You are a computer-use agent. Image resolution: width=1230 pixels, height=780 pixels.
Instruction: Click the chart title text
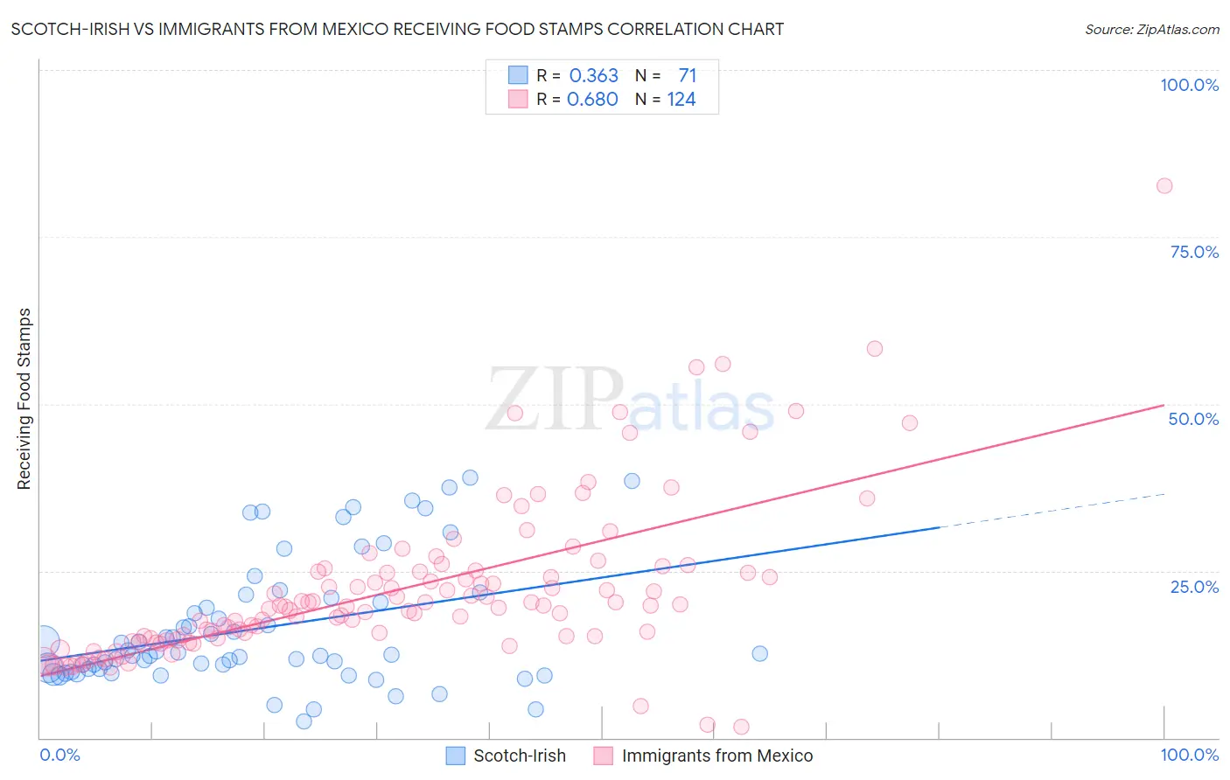[x=397, y=29]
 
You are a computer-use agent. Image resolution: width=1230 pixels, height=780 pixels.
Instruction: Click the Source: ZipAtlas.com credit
[x=1151, y=29]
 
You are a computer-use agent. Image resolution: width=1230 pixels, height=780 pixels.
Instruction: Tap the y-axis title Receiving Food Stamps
[x=24, y=399]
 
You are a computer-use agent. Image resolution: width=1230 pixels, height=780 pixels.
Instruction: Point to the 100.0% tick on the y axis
[x=1189, y=85]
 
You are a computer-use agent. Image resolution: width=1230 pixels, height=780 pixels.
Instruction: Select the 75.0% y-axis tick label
[x=1194, y=252]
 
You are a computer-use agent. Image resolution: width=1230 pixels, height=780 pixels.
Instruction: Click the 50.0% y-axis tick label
[x=1193, y=419]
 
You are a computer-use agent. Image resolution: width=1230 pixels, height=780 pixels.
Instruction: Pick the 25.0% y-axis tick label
[x=1194, y=586]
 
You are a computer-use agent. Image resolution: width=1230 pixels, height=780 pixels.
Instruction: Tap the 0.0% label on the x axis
[x=59, y=755]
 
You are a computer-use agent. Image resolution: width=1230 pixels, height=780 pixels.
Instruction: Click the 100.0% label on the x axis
[x=1189, y=755]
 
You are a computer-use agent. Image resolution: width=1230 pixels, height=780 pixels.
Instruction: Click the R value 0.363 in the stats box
[x=594, y=76]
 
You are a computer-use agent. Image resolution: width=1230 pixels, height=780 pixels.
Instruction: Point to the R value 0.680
[x=593, y=100]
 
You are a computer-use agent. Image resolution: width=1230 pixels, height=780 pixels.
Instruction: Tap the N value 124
[x=681, y=100]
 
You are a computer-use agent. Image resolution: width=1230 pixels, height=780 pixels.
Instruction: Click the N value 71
[x=688, y=76]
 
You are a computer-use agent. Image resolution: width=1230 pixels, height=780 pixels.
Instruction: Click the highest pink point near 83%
[x=1164, y=185]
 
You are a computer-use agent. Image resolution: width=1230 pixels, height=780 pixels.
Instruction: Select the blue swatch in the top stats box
[x=518, y=75]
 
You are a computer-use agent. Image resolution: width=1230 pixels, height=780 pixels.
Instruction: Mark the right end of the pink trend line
[x=1163, y=406]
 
